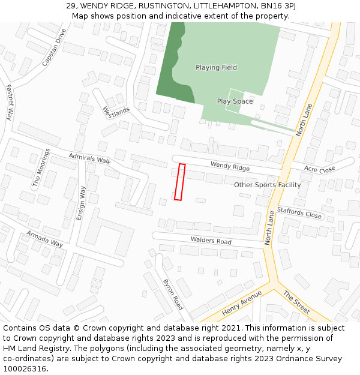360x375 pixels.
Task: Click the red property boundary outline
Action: pos(179,182)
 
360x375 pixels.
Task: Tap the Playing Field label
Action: pos(216,68)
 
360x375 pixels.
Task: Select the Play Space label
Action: pos(235,101)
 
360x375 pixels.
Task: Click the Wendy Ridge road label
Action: pos(230,166)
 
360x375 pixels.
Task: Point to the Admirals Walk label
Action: pos(90,159)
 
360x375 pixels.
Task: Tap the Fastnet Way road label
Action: pos(10,102)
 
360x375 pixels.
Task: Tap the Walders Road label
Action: pos(211,241)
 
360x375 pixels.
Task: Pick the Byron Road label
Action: pos(173,294)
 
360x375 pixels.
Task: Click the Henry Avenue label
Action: pos(242,304)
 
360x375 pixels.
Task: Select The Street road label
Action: pos(296,302)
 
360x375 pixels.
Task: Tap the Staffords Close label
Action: pos(299,213)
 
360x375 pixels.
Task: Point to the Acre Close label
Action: pos(319,170)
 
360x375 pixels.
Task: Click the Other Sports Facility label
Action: pos(268,185)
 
